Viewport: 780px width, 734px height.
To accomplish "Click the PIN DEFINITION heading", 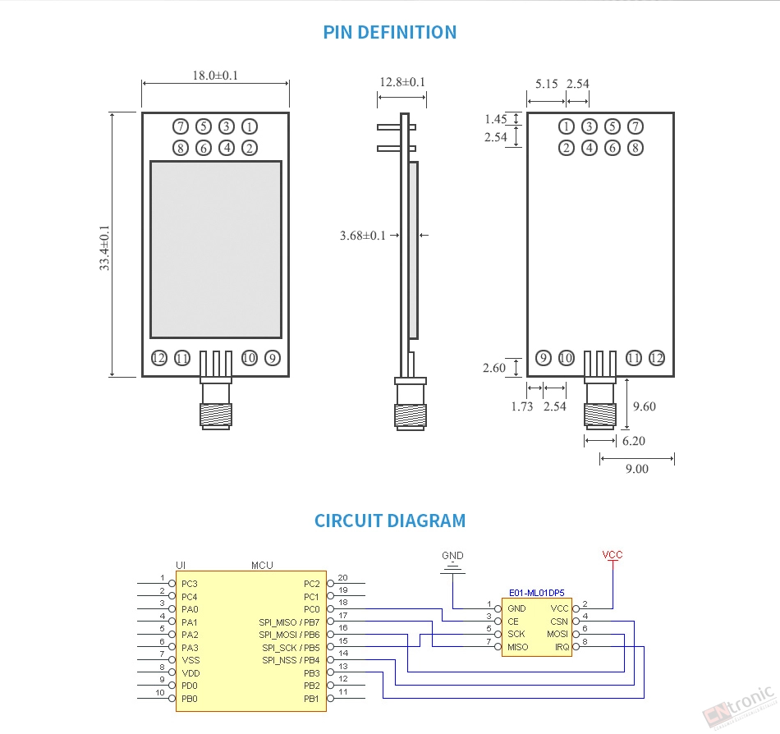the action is tap(389, 32).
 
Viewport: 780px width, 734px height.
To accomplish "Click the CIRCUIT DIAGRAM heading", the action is tap(389, 521).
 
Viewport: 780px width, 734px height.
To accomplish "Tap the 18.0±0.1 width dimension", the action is tap(215, 75).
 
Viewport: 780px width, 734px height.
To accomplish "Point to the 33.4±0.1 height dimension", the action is tap(104, 248).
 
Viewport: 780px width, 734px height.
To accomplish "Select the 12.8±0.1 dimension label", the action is tap(402, 82).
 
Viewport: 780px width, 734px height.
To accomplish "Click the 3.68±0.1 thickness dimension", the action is tap(363, 235).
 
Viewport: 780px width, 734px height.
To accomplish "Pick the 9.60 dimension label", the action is tap(645, 406).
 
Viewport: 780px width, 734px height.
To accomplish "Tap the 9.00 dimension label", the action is tap(637, 469).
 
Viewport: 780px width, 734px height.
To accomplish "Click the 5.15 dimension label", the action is tap(546, 84).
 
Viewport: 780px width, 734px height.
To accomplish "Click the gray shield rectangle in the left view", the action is tap(216, 249).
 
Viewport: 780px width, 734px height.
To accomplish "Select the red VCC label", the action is tap(613, 554).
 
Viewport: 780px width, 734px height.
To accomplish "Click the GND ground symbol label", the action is tap(452, 556).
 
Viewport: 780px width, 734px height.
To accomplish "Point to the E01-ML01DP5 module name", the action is tap(536, 593).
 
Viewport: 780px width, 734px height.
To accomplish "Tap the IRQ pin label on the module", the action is tap(562, 647).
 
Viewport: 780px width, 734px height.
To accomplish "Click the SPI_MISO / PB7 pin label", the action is tap(289, 622).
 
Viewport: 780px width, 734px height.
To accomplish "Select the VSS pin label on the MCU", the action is tap(190, 660).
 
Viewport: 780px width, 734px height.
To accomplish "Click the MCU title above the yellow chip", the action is tap(262, 565).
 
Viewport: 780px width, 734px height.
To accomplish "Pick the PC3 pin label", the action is tap(189, 584).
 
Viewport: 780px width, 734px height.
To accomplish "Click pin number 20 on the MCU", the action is tap(342, 577).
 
